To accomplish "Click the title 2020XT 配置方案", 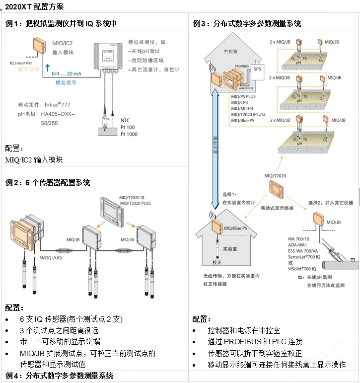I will pos(34,7).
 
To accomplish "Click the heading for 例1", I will pos(61,23).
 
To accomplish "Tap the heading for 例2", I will pos(47,183).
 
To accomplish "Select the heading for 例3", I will pos(247,23).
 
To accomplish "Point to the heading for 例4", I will pos(59,376).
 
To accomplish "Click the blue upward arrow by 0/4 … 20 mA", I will pos(47,70).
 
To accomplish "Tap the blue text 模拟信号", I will pos(66,83).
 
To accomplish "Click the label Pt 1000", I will pos(130,135).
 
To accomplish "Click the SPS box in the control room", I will pos(257,69).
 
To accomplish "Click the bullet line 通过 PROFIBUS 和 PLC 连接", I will pos(255,342).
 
